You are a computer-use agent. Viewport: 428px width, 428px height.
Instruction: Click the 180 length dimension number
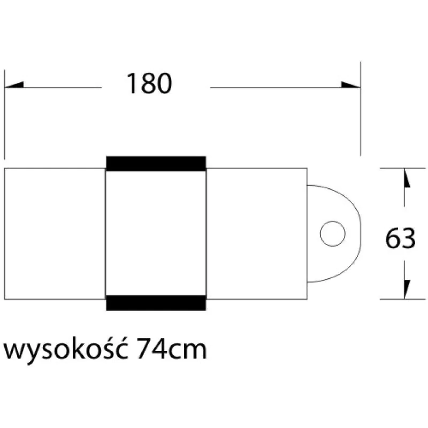point(149,84)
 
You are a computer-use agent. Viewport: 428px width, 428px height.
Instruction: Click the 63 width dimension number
point(400,239)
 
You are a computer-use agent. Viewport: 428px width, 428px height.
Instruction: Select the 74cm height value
point(171,350)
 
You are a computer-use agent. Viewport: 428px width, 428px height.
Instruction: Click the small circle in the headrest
point(332,233)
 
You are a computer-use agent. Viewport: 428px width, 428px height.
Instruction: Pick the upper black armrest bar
point(156,163)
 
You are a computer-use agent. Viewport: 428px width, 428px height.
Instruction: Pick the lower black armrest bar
point(156,302)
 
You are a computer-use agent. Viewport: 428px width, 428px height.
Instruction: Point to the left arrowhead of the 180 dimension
point(14,85)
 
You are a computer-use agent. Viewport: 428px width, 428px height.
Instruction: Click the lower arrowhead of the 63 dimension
point(406,288)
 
